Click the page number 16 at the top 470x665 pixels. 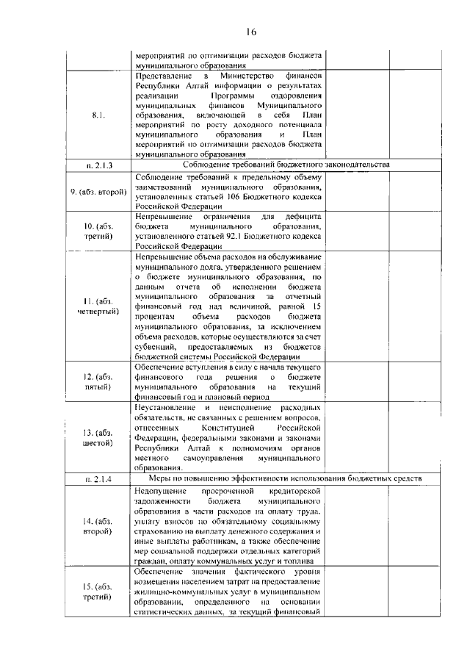[250, 32]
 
